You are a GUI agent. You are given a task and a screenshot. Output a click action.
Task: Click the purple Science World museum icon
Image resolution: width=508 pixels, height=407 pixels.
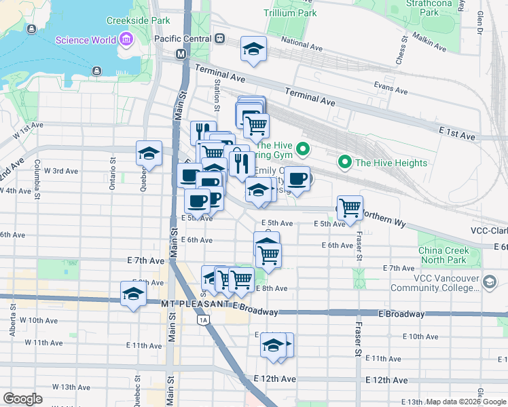tap(126, 40)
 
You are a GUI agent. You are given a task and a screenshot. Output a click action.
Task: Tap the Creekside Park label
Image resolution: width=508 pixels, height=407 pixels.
tap(143, 21)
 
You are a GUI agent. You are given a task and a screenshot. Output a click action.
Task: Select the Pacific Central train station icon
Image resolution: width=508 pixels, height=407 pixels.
tap(220, 39)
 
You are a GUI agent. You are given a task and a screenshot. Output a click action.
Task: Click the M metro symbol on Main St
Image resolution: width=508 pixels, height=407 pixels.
tap(181, 54)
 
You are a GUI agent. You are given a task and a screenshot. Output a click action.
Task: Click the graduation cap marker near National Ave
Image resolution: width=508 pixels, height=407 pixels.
tap(253, 50)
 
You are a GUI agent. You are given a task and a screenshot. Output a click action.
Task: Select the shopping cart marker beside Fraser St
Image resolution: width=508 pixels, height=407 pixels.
tap(350, 208)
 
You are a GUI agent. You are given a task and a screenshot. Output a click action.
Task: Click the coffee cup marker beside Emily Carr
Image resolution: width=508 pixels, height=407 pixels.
tap(296, 179)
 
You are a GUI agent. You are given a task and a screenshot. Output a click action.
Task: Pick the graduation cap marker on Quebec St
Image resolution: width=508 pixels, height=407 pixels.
tap(149, 153)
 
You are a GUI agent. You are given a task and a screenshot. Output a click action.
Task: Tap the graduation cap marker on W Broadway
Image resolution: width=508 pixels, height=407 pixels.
tap(134, 294)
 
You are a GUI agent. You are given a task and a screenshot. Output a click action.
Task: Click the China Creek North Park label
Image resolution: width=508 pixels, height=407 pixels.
tap(443, 255)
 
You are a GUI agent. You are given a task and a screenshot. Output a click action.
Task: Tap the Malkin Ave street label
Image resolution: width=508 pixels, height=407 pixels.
tap(429, 45)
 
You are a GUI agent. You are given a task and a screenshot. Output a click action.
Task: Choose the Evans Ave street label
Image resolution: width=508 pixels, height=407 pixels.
tap(390, 88)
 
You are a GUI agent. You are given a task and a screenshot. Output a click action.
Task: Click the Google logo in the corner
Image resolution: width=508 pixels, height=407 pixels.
tap(22, 399)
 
